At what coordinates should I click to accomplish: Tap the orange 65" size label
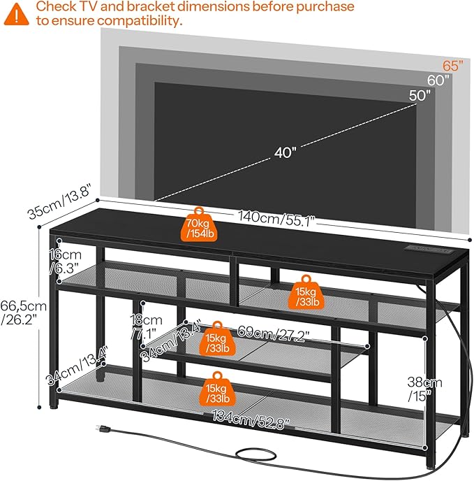tap(452, 66)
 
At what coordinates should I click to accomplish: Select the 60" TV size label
tap(438, 80)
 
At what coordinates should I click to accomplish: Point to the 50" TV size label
tap(420, 96)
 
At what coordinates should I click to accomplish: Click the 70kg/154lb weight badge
tap(200, 225)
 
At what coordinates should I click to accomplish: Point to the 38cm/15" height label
tap(425, 389)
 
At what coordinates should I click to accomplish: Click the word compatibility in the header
tap(140, 21)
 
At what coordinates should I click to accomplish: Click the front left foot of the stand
tap(55, 404)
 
